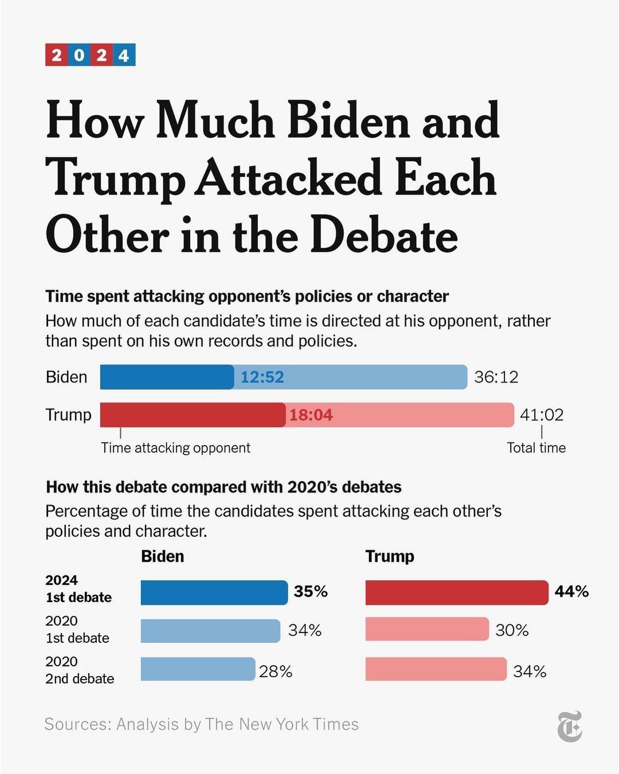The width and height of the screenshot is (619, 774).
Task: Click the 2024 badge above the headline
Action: point(91,55)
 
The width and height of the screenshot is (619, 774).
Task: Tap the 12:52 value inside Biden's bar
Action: point(262,377)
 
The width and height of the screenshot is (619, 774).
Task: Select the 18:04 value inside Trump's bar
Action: point(311,415)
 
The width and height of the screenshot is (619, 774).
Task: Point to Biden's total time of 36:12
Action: point(496,377)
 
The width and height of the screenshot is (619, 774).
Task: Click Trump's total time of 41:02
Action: point(542,415)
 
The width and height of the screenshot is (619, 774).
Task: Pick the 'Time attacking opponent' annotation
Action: point(175,448)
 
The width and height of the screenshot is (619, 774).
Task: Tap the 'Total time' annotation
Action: point(536,448)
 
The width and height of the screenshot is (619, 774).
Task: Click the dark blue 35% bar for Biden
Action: point(214,592)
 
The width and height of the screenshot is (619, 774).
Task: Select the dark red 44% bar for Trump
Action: point(456,592)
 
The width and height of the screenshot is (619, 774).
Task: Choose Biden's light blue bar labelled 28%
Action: point(198,669)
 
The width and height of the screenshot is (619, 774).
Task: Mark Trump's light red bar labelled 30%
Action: point(427,630)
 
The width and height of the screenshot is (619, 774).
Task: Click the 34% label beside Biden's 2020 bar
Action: point(304,631)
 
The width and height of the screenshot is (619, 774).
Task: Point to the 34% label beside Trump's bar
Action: point(530,671)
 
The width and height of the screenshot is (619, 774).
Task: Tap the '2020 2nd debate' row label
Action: point(80,670)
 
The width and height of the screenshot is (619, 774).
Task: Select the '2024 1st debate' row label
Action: point(79,589)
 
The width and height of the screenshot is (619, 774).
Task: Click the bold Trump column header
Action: point(390,556)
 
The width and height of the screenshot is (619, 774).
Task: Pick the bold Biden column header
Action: point(163,556)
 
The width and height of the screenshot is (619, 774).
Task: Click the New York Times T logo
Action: point(570,726)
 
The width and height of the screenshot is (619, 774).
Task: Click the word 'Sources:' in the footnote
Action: point(78,724)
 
